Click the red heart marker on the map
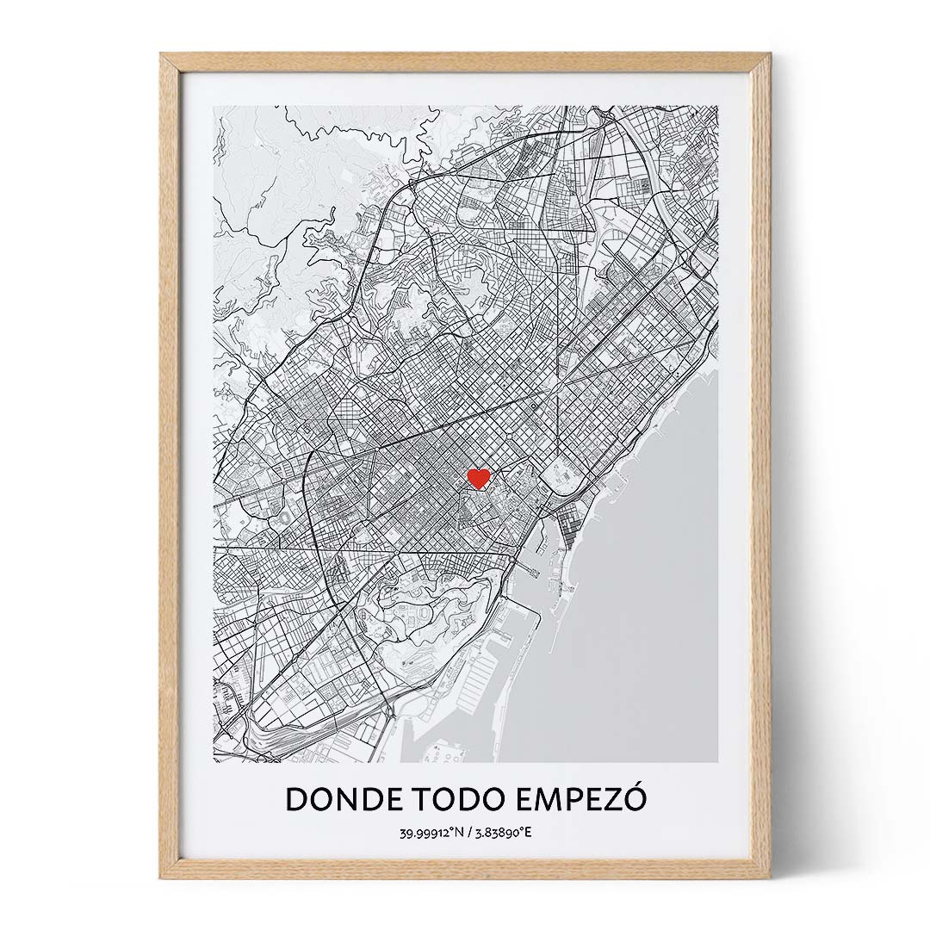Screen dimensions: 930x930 click(478, 478)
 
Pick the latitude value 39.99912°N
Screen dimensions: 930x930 click(431, 834)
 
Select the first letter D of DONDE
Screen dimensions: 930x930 click(296, 799)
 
